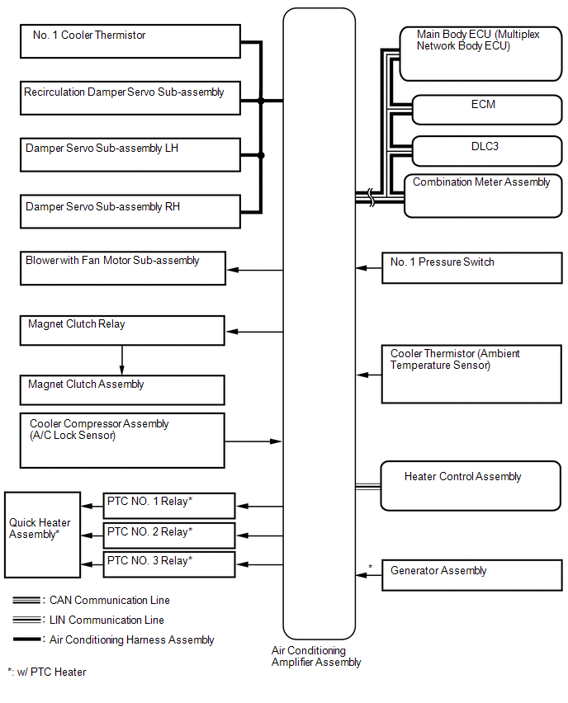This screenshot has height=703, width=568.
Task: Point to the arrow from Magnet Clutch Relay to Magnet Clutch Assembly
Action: point(122,360)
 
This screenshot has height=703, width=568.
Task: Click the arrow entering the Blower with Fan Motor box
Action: point(255,270)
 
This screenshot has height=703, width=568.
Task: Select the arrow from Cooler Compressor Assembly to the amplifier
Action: point(253,441)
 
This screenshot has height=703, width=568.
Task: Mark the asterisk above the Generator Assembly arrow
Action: point(370,567)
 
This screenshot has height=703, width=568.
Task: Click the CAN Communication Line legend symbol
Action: point(27,601)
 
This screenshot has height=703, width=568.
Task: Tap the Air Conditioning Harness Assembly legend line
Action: point(27,639)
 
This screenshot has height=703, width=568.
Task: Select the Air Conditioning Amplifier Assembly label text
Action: point(316,656)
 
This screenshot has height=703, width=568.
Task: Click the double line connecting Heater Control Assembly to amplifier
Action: point(368,487)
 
